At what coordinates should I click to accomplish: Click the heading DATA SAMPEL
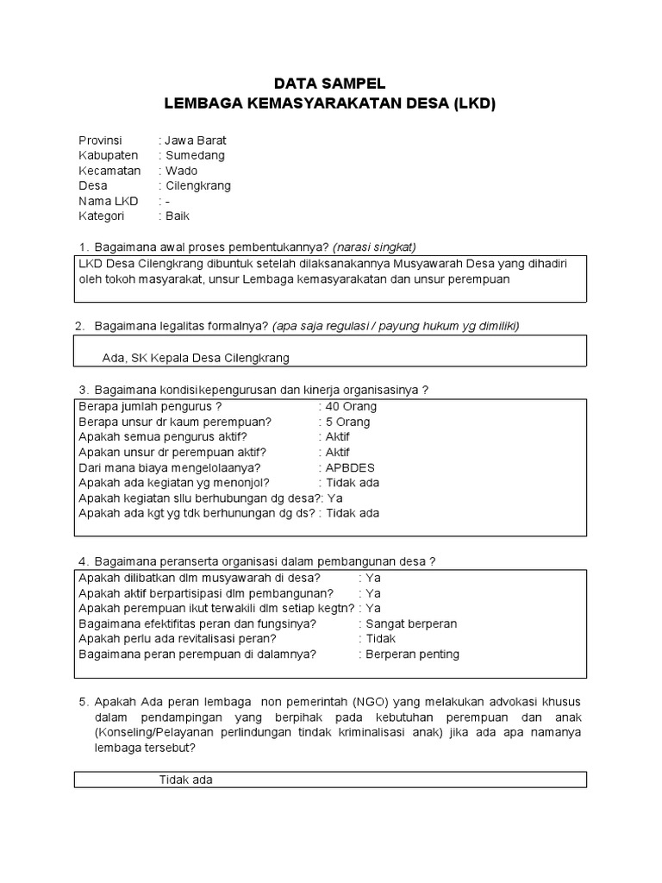pos(330,84)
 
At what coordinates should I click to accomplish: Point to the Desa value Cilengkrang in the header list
pos(198,185)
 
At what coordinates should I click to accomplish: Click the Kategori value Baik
pos(178,216)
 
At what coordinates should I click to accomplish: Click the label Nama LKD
pos(109,201)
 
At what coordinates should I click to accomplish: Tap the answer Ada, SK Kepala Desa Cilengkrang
pos(196,357)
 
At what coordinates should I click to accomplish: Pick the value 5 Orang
pos(347,422)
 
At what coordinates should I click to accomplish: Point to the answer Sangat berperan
pos(411,623)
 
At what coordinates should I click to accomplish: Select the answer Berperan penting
pos(412,654)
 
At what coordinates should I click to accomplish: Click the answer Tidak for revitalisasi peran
pos(380,639)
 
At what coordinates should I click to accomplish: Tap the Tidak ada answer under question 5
pos(186,780)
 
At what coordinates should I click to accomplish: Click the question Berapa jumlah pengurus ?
pos(150,406)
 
